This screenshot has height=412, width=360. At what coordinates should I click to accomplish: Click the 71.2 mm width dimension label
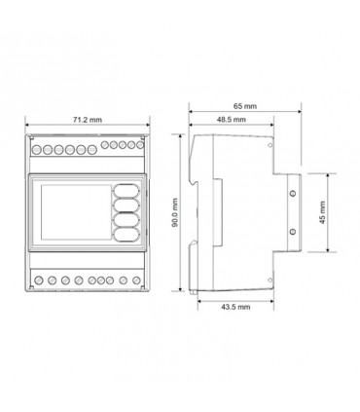(87, 120)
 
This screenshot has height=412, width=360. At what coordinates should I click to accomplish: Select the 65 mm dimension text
(245, 106)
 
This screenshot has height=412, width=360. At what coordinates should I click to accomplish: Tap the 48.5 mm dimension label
(232, 120)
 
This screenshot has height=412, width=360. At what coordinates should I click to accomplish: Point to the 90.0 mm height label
(175, 212)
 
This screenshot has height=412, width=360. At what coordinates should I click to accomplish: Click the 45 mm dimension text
(322, 212)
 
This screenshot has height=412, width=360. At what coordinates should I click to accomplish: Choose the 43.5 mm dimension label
(235, 307)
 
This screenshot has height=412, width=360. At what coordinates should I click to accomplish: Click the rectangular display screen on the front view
(76, 212)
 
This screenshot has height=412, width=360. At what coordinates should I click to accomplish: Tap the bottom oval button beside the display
(126, 234)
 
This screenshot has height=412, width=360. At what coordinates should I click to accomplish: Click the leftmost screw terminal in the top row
(37, 150)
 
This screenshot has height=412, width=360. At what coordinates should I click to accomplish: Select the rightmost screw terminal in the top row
(140, 145)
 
